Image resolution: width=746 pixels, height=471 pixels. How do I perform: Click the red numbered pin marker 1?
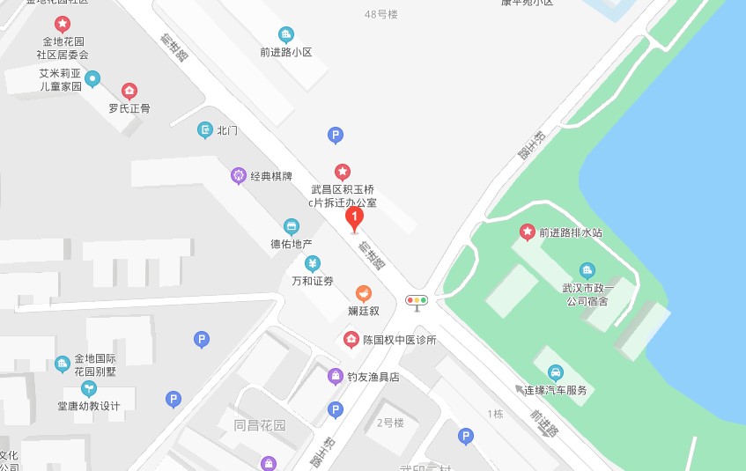354,217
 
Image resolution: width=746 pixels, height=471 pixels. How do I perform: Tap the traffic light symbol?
417,301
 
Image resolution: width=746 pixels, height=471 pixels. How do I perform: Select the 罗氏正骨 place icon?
129,91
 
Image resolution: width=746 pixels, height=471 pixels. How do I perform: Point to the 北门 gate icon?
205,130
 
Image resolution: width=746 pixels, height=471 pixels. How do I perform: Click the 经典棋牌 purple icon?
238,175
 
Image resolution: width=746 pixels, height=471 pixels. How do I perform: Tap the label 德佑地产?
292,244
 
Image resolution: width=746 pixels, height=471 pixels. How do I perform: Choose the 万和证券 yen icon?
313,263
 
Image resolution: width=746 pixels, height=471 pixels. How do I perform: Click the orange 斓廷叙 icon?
363,293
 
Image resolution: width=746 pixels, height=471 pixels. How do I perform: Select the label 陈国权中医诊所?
401,340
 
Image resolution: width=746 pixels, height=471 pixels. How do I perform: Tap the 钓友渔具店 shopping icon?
335,377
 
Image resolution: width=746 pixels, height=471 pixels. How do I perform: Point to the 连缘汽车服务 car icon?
556,372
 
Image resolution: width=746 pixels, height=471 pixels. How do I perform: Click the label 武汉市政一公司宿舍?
587,294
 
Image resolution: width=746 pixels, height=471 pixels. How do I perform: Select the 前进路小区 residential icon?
286,34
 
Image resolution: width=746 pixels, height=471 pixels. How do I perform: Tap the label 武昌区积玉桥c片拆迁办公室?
342,195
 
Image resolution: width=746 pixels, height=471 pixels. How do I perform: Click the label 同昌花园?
260,425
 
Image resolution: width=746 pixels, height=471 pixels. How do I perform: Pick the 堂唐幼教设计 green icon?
88,388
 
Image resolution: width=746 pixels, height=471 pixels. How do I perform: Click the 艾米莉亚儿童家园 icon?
92,78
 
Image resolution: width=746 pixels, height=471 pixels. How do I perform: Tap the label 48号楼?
381,14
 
